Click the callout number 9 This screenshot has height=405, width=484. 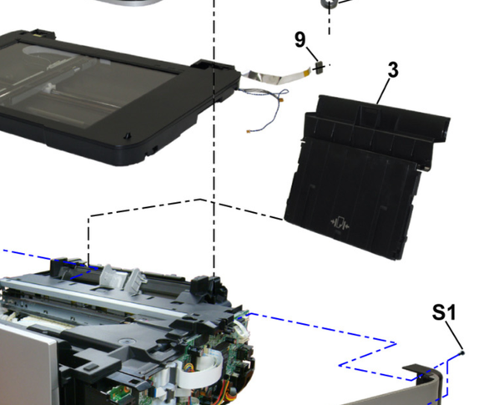click(x=300, y=39)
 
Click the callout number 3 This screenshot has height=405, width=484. click(x=393, y=69)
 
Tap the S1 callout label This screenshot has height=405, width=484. click(x=444, y=312)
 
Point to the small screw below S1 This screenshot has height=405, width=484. click(x=462, y=352)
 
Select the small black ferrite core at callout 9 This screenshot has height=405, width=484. click(x=319, y=67)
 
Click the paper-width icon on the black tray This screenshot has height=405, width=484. click(x=340, y=223)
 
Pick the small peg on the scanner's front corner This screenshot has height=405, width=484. click(x=128, y=135)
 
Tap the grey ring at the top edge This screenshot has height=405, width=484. click(x=328, y=3)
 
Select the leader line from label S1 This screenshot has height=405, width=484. click(x=454, y=336)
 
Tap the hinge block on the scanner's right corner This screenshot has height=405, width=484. click(x=213, y=67)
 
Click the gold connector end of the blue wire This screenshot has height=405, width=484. click(x=249, y=131)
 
